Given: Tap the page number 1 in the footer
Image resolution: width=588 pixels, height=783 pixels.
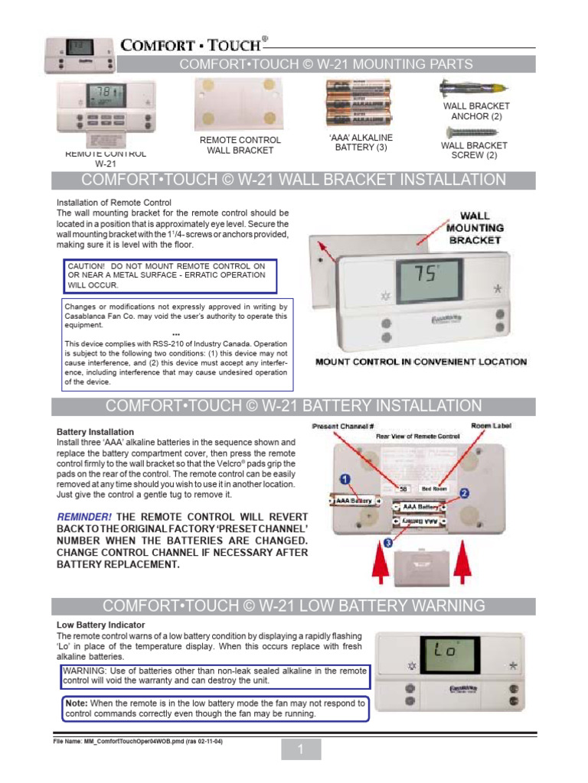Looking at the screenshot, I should [301, 751].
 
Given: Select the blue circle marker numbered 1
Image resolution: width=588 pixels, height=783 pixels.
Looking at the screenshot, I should [346, 479].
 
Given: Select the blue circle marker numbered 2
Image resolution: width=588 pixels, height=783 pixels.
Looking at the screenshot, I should [464, 494].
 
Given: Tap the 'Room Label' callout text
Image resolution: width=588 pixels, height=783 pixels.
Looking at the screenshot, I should [491, 425].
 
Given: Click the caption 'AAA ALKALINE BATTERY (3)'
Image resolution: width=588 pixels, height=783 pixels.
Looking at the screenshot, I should [355, 142].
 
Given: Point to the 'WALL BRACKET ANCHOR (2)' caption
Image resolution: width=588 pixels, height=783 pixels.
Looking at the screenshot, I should [475, 112].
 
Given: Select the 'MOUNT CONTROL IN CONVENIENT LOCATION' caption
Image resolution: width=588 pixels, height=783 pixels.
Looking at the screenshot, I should [421, 362].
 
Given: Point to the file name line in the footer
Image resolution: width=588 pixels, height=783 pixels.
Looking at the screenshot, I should [138, 741].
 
